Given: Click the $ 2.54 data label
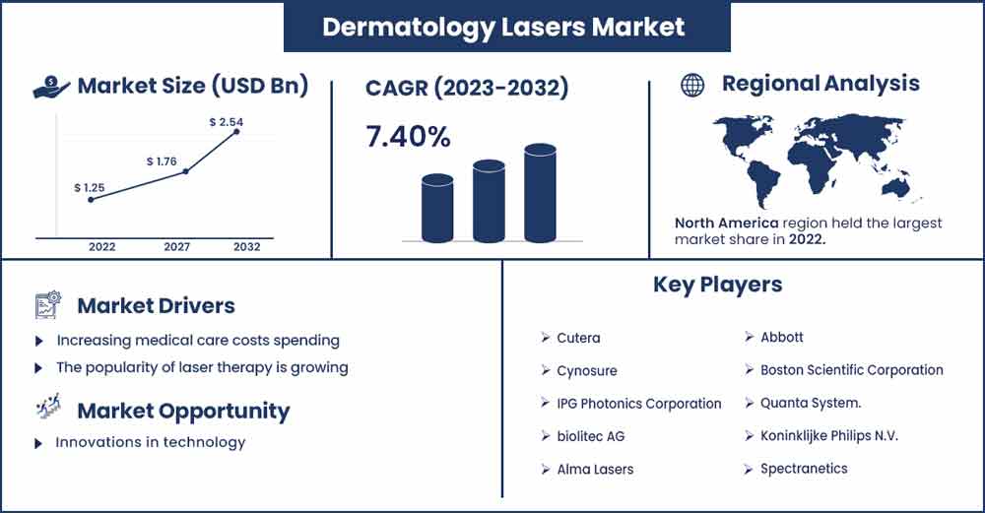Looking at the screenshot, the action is click(227, 122).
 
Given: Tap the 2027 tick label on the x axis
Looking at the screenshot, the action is click(176, 247).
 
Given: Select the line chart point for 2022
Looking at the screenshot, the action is click(91, 200).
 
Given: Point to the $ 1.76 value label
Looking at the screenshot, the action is click(162, 161).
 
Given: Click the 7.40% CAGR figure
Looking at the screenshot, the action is click(408, 137).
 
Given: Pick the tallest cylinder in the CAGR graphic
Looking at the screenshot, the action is click(540, 193).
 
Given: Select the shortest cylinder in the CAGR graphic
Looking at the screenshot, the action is click(437, 208).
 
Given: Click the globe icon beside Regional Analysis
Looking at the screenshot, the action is click(692, 85).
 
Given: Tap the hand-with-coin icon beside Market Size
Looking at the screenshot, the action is click(51, 87).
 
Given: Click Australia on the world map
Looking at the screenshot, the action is click(896, 186).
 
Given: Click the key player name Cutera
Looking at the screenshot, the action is click(578, 338).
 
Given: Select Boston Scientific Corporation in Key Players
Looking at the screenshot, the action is click(852, 370).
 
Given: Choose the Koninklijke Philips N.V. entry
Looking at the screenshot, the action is click(829, 436).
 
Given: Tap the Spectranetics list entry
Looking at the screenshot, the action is click(804, 469).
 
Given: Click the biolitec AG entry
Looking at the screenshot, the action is click(590, 436).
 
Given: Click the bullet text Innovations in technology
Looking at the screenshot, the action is click(150, 442).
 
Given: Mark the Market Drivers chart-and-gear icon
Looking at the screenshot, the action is click(48, 305).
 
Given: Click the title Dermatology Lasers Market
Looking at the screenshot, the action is click(503, 27).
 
